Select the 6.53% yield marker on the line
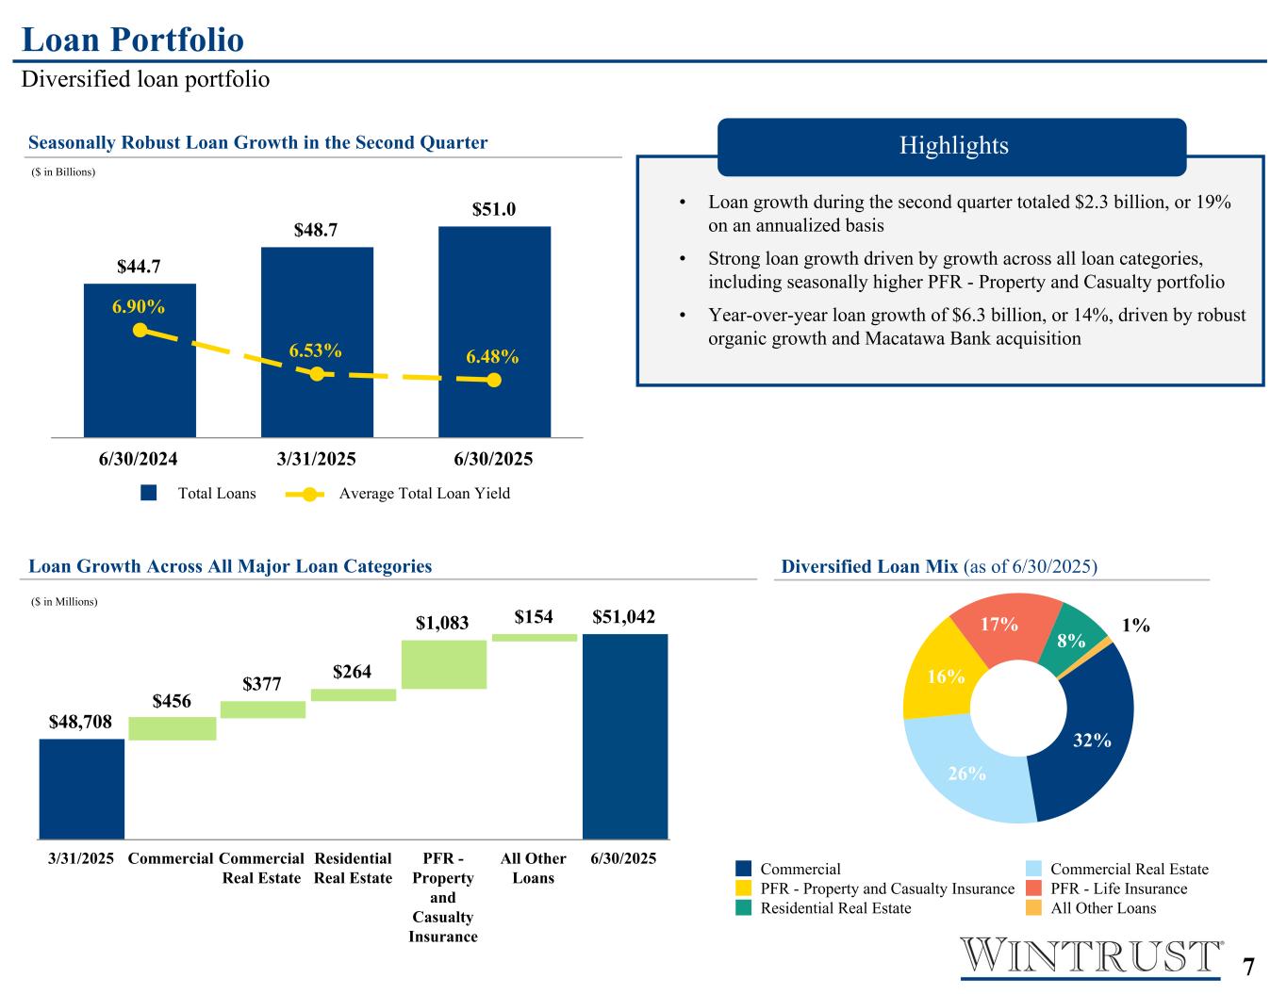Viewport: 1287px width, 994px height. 317,374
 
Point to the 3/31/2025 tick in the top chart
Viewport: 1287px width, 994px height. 317,460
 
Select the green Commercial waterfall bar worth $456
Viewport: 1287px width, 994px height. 173,728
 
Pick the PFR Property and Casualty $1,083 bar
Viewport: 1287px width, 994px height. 443,664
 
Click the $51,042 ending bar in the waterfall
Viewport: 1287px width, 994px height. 624,735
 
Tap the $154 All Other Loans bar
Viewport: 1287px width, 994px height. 534,638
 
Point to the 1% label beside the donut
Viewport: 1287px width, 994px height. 1136,625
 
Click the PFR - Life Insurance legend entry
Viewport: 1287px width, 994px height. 1118,888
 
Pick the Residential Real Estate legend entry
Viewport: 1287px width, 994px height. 835,908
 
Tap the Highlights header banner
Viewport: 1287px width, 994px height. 952,146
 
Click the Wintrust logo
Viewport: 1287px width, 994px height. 1091,956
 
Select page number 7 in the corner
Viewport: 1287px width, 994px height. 1248,968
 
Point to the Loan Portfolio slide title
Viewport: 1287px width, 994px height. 133,40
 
